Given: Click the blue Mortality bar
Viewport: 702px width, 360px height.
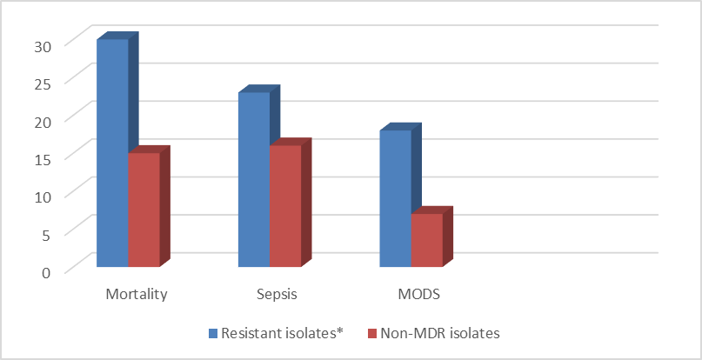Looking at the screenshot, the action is [113, 153].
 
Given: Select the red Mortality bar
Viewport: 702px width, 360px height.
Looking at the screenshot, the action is [144, 210].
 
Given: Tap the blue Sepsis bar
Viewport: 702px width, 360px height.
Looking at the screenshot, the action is [254, 179].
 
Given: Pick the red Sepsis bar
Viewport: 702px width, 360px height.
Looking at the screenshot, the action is [285, 206].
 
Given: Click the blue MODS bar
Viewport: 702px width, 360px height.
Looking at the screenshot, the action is [396, 198].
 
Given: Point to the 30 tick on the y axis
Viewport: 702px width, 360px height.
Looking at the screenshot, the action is [43, 46].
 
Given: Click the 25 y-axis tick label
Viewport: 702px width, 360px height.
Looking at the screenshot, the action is [43, 83].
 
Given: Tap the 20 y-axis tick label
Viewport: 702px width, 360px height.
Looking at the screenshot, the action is [43, 122].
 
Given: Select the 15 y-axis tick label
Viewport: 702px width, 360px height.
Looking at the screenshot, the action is [43, 159].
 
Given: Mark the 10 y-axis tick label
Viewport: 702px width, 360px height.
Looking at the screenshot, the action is [43, 197].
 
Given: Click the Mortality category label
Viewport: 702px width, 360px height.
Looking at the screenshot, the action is [137, 296].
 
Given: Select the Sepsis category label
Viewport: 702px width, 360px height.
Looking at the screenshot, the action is [277, 296].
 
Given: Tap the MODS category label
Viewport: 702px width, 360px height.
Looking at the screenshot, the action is [418, 295].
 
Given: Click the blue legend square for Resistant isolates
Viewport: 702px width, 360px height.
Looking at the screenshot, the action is [213, 334].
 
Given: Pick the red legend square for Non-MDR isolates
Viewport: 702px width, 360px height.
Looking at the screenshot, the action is [371, 334].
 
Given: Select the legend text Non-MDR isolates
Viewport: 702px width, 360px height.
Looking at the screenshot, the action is [439, 334].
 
